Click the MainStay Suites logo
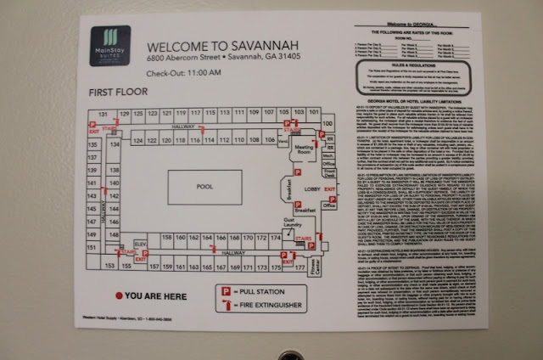tap(110, 46)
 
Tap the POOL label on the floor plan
tap(204, 185)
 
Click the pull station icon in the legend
tap(226, 291)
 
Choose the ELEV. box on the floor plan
tap(141, 245)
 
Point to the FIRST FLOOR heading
tap(118, 90)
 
